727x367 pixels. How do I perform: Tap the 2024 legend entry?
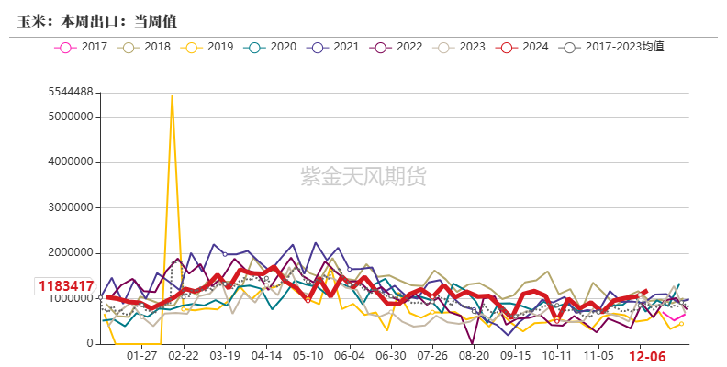click(522, 47)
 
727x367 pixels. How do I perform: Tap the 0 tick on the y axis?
click(92, 344)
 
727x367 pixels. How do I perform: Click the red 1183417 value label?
click(66, 286)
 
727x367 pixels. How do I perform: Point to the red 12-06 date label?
click(647, 356)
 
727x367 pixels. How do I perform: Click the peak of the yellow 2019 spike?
click(172, 96)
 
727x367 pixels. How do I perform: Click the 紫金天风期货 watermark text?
click(364, 176)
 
